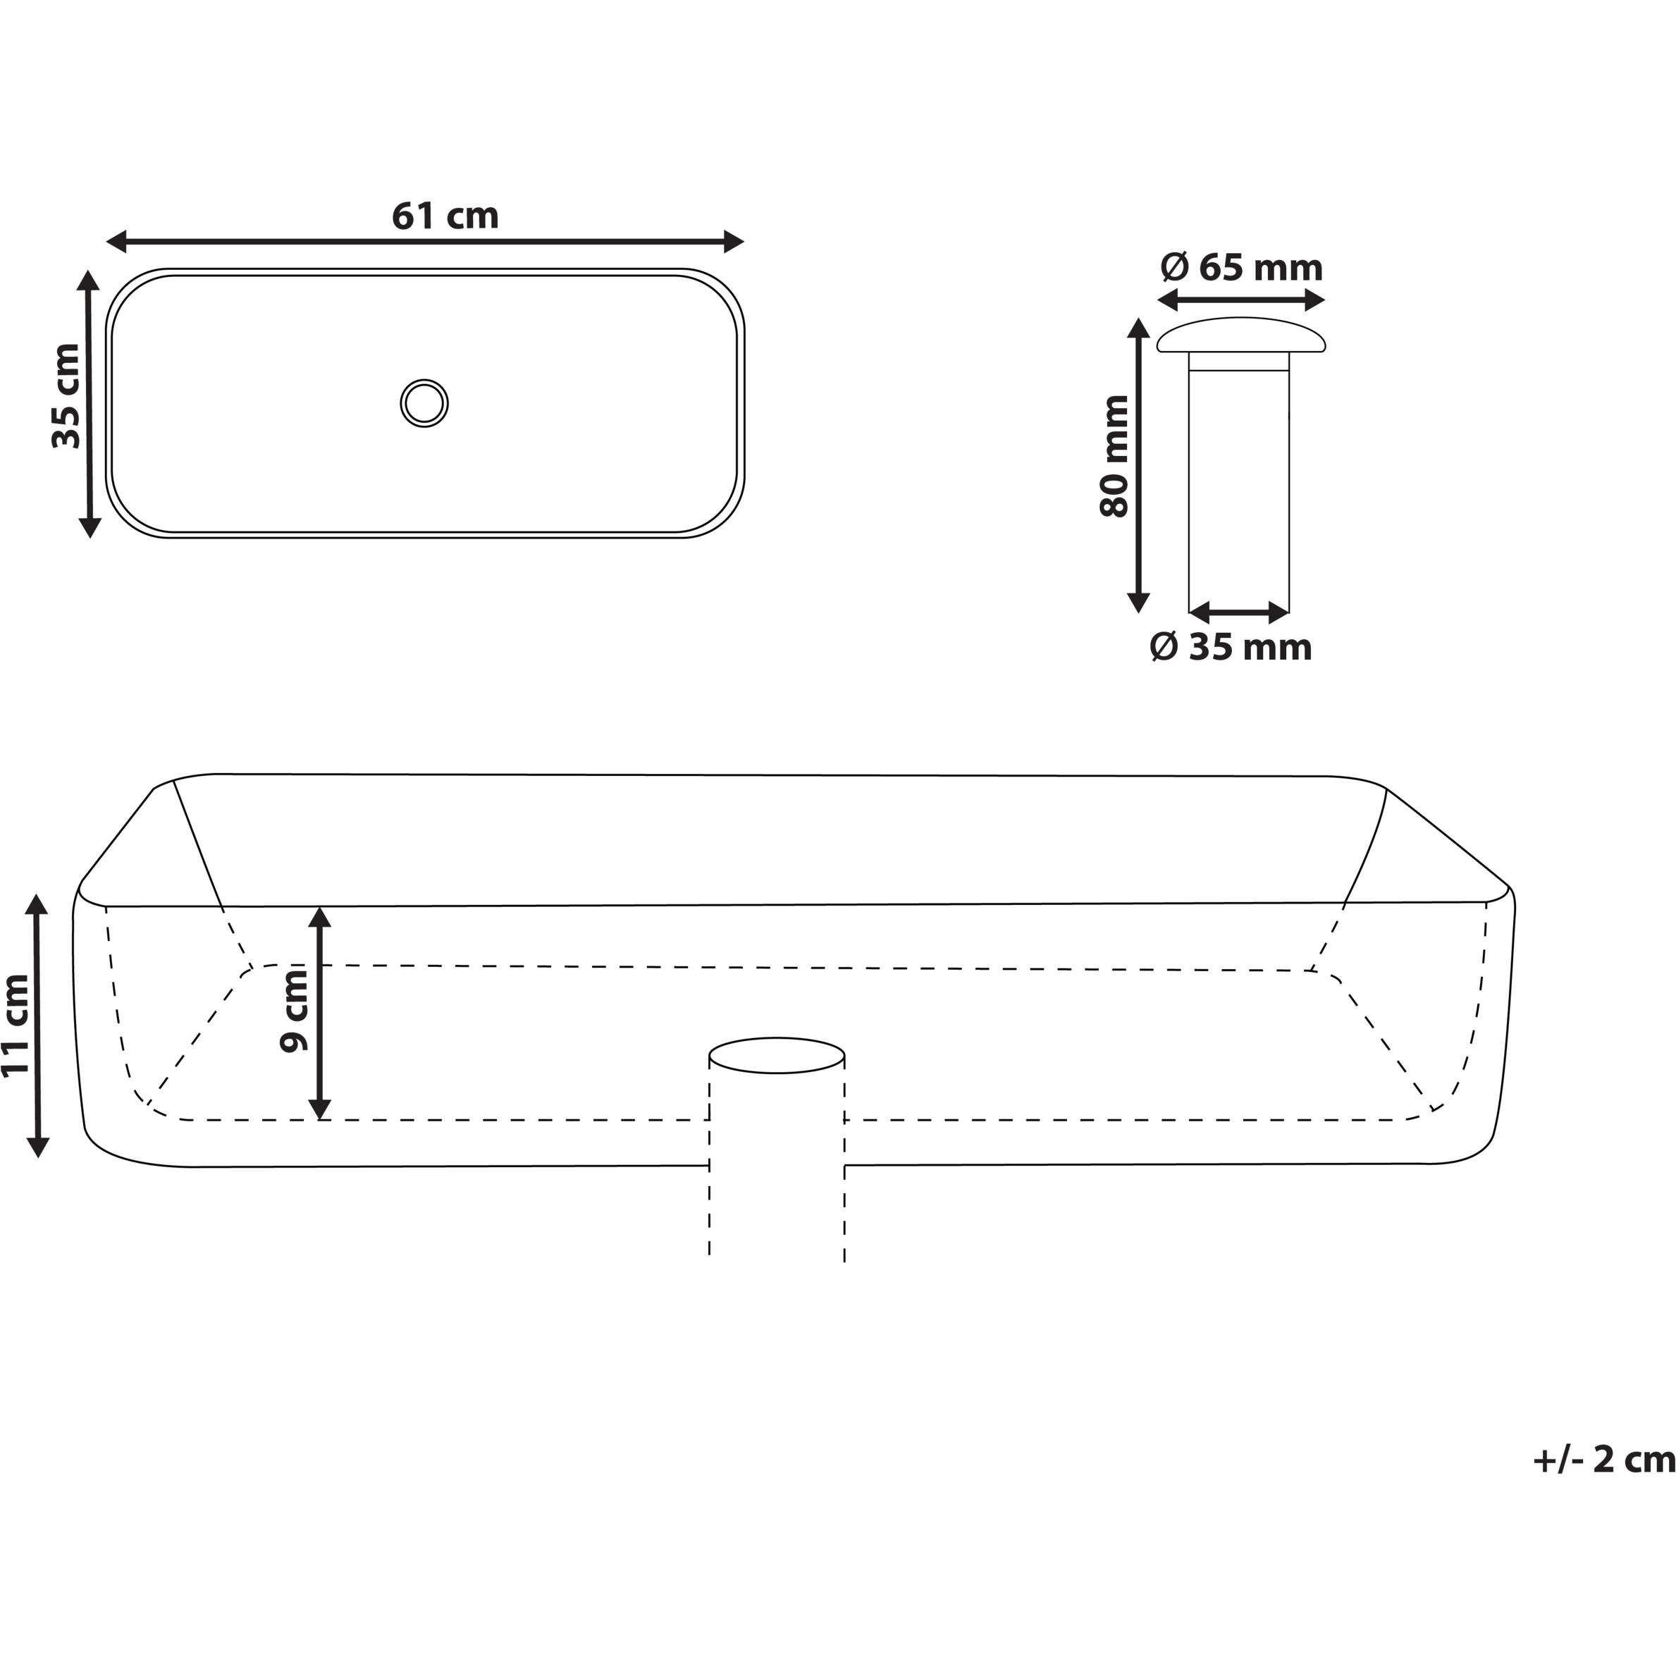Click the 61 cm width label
click(445, 216)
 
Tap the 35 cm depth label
click(67, 395)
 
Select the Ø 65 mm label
click(1241, 268)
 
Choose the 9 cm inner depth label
click(295, 1011)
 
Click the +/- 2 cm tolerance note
click(1604, 1459)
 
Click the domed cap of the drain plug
click(1241, 335)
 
